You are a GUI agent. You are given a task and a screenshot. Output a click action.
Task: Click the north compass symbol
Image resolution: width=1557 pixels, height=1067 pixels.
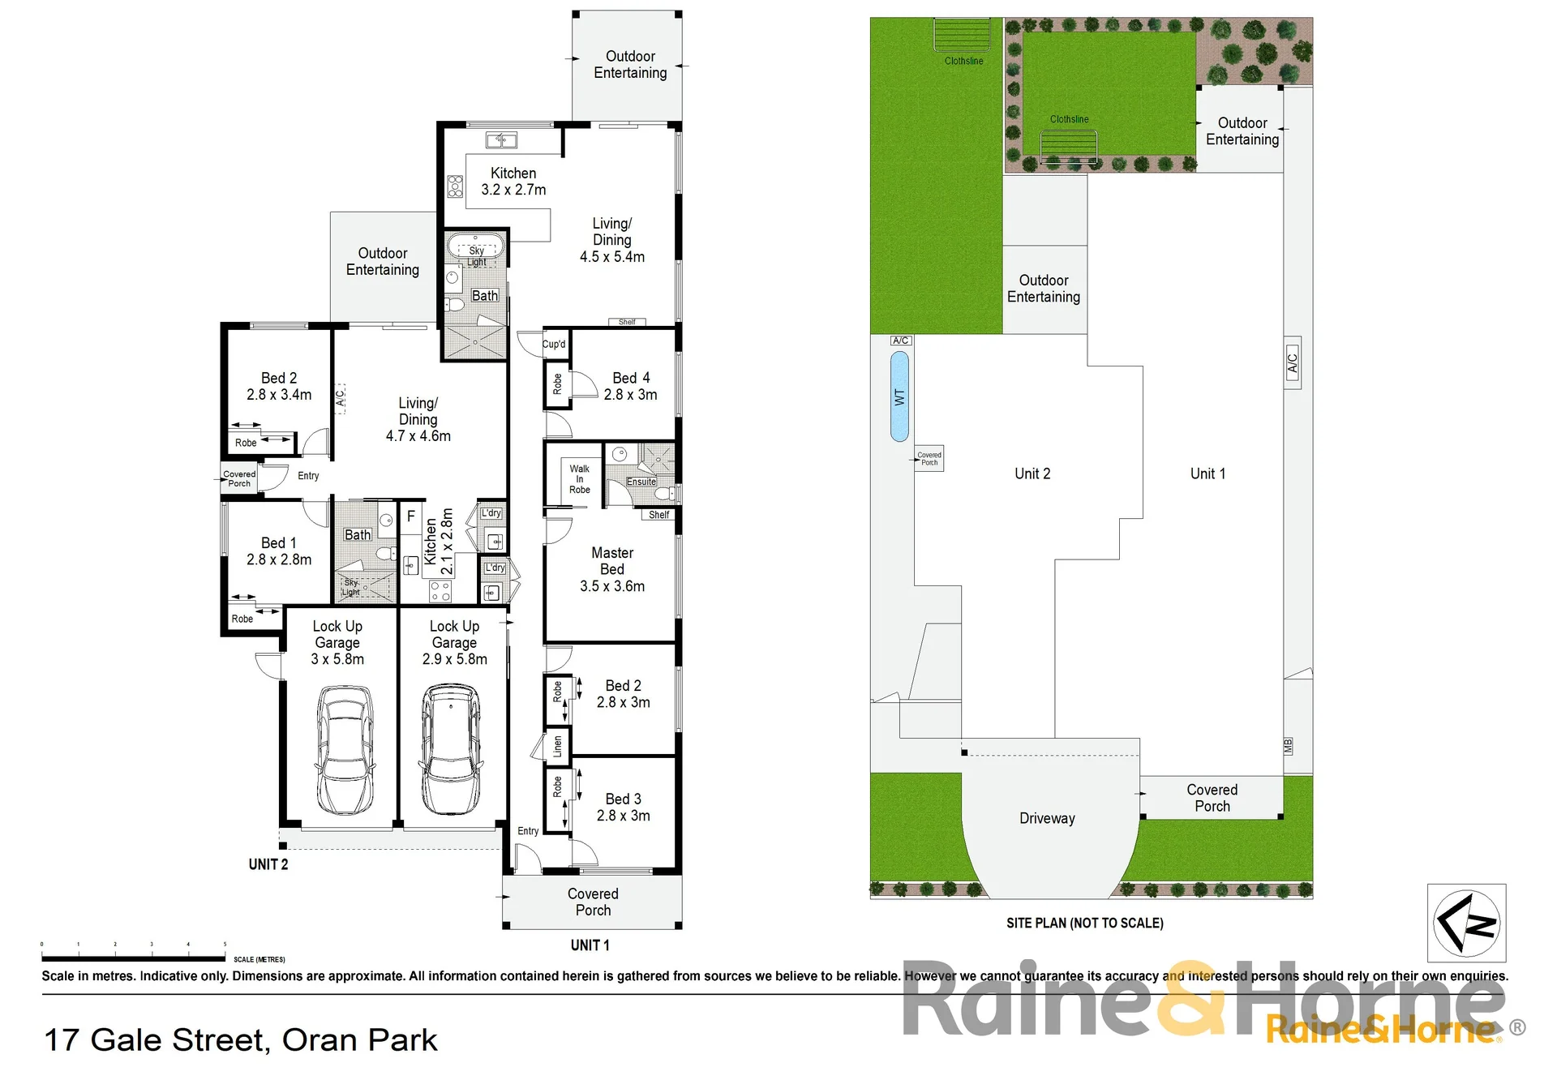click(1467, 922)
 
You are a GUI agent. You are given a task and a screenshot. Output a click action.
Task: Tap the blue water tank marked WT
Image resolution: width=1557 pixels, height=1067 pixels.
click(899, 396)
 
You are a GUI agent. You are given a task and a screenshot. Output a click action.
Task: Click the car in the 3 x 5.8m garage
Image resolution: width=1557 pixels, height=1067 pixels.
click(345, 749)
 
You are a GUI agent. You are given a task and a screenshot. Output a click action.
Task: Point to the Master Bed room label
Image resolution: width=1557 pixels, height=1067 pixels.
click(612, 560)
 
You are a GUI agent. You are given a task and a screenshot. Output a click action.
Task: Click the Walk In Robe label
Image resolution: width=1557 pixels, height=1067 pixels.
click(580, 479)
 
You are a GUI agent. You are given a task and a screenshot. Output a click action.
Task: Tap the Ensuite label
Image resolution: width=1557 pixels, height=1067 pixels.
click(641, 482)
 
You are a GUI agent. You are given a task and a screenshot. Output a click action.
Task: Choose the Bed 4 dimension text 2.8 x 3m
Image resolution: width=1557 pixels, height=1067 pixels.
click(630, 395)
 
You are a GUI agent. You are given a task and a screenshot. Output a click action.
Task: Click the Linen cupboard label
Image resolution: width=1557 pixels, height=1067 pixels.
click(557, 747)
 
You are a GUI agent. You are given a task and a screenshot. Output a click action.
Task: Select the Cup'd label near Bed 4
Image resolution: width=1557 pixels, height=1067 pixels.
click(554, 344)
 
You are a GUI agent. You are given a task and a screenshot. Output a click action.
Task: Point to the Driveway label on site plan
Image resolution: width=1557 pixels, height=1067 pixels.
click(1047, 819)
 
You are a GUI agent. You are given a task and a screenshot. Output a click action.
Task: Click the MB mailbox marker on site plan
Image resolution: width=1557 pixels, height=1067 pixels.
click(1288, 746)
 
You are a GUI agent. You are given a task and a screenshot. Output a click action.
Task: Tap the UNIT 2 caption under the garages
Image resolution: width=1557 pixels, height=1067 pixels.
click(268, 864)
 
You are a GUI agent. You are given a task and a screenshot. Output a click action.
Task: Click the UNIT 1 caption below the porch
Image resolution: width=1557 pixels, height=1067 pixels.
click(590, 945)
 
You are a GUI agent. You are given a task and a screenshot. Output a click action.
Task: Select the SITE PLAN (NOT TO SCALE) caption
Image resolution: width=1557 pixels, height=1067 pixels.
click(1085, 923)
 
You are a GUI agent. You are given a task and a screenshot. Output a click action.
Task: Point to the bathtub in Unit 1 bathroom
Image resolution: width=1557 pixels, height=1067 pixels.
click(476, 246)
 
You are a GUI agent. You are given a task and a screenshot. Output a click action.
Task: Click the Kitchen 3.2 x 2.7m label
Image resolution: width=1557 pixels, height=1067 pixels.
click(513, 182)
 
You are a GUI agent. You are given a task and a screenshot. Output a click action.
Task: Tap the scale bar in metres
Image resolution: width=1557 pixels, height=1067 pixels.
click(134, 946)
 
